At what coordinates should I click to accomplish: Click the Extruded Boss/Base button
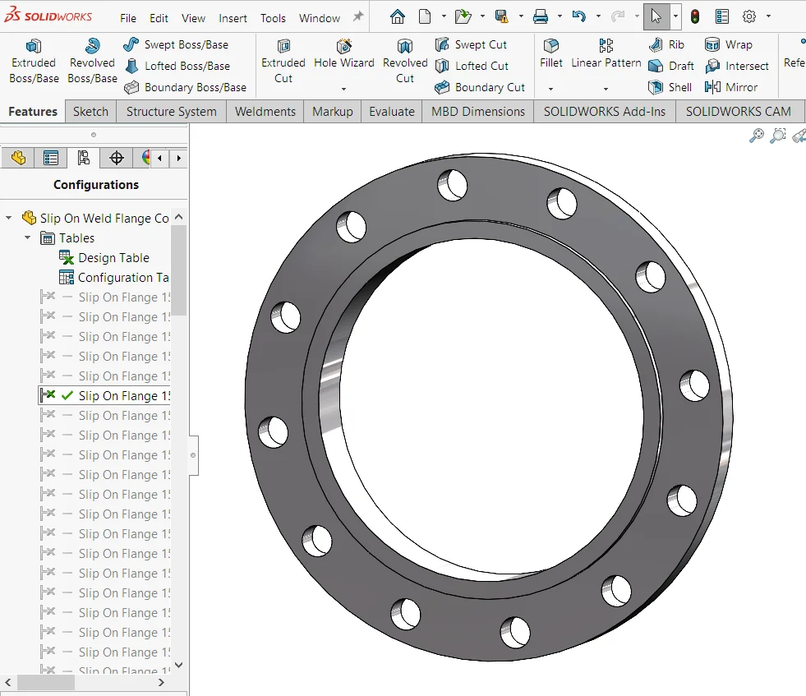(x=34, y=61)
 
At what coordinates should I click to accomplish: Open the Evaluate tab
(x=391, y=112)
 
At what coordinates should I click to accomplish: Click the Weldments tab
(x=265, y=112)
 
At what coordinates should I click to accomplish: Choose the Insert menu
(x=233, y=18)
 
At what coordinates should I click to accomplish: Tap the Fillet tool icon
(x=551, y=48)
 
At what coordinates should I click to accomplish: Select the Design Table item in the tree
(x=113, y=258)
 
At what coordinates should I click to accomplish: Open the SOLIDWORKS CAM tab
(x=738, y=112)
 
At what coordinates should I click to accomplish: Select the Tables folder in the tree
(x=76, y=238)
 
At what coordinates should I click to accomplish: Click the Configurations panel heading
(x=96, y=185)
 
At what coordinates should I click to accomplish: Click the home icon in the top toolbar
(x=398, y=16)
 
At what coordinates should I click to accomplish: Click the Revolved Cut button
(x=405, y=61)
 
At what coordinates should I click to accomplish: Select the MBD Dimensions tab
(x=477, y=112)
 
